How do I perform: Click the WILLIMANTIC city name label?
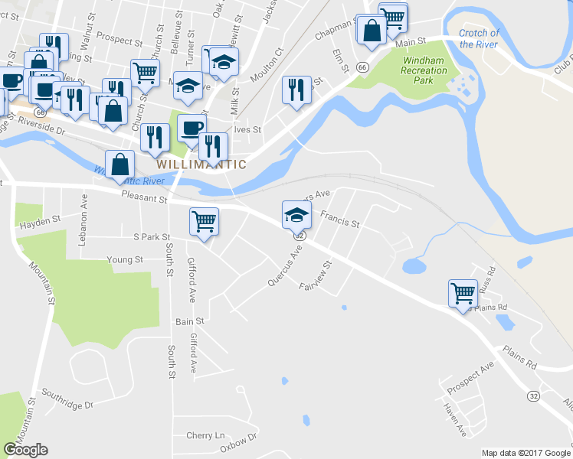pos(201,164)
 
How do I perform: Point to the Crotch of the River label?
pos(480,39)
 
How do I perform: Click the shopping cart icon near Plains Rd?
pos(463,292)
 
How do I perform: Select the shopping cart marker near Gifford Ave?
pos(204,222)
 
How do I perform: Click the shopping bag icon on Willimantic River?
pos(120,164)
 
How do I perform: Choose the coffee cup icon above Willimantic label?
pos(192,128)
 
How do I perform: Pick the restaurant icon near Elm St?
pos(296,90)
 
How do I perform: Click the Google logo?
pos(25,450)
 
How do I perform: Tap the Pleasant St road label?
pos(143,199)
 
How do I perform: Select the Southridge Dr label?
pos(67,404)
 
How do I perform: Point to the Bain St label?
pos(190,322)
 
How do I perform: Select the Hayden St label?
pos(41,220)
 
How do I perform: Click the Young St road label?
pos(125,260)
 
